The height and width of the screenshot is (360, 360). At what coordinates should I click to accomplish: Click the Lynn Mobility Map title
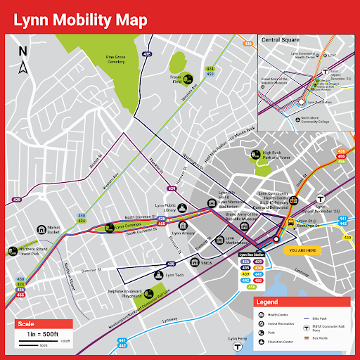click(79, 18)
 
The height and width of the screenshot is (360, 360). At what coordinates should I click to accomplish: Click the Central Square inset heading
click(281, 40)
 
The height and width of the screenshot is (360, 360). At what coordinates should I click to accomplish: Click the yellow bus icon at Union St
click(290, 223)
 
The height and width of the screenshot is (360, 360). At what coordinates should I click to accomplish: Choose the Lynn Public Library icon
click(182, 208)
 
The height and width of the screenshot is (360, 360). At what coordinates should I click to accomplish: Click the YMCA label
click(206, 262)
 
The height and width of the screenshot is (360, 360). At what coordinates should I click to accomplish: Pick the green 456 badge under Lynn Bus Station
click(252, 286)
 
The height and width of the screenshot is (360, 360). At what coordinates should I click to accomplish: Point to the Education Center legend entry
click(281, 342)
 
